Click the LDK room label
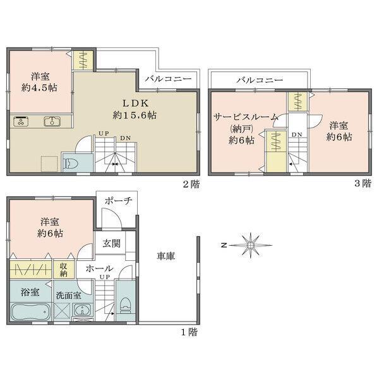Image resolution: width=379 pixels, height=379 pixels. (x=135, y=104)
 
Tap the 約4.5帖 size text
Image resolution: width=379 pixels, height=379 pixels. (x=39, y=88)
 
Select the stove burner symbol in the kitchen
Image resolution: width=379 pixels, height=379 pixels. (x=21, y=121)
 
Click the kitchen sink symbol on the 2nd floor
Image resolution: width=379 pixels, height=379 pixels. (x=52, y=121)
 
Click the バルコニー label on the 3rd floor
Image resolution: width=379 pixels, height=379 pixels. (x=260, y=80)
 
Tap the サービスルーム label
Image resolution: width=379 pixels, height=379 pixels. (x=246, y=117)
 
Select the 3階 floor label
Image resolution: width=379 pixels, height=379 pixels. (x=363, y=184)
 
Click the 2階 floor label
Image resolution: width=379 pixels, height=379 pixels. (x=191, y=184)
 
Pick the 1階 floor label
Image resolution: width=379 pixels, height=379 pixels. (x=189, y=332)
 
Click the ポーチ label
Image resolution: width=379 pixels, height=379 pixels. (x=118, y=201)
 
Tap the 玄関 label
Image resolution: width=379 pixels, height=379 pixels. (x=111, y=243)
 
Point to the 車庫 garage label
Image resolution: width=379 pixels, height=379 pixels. (x=165, y=256)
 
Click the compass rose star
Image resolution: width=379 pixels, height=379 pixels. (x=250, y=245)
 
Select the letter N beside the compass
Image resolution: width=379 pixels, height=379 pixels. (x=224, y=245)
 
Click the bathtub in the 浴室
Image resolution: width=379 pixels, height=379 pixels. (x=31, y=312)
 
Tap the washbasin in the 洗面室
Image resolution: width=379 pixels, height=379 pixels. (x=82, y=310)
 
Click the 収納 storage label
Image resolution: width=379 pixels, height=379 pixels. (x=64, y=270)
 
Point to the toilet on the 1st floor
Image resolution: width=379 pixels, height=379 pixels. (x=125, y=305)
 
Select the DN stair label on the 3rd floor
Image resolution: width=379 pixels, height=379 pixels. (x=297, y=135)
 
